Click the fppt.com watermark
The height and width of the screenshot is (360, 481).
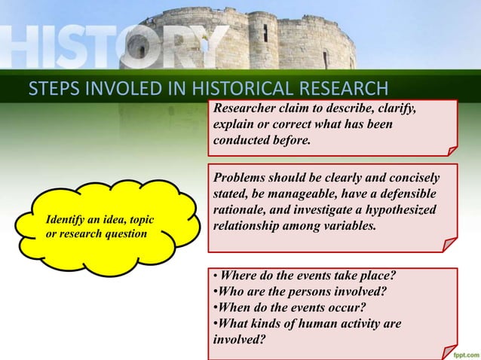coord(461,352)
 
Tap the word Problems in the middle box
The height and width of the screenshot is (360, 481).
coord(240,177)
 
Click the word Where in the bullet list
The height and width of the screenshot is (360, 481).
coord(238,276)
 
